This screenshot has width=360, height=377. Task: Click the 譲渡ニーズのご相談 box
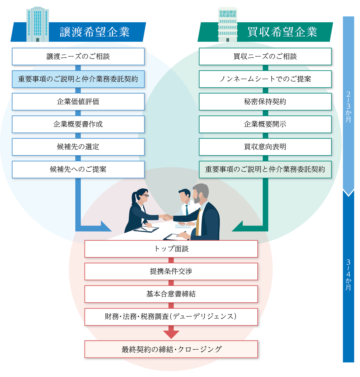tap(78, 57)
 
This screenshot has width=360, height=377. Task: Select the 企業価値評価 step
tap(78, 102)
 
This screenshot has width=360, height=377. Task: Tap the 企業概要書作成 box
tap(78, 124)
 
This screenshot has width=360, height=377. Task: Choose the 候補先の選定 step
tap(78, 147)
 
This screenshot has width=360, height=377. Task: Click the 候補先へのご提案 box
tap(78, 169)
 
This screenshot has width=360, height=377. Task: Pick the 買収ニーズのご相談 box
tap(265, 57)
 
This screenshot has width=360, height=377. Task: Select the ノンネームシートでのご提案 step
tap(265, 79)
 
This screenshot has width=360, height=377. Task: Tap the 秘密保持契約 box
tap(265, 102)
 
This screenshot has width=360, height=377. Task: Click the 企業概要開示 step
tap(265, 124)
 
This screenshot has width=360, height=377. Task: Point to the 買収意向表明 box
tap(265, 147)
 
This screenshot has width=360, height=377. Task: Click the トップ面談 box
tap(171, 249)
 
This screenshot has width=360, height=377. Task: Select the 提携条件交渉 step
tap(171, 271)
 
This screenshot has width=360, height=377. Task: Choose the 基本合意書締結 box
tap(171, 294)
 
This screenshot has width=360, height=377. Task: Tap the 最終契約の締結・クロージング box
tap(171, 349)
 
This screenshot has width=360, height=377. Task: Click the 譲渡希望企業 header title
tap(94, 32)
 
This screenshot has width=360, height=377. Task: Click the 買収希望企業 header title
tap(282, 32)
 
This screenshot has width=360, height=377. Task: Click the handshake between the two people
tap(167, 217)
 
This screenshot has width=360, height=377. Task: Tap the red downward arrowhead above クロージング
tap(171, 334)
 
